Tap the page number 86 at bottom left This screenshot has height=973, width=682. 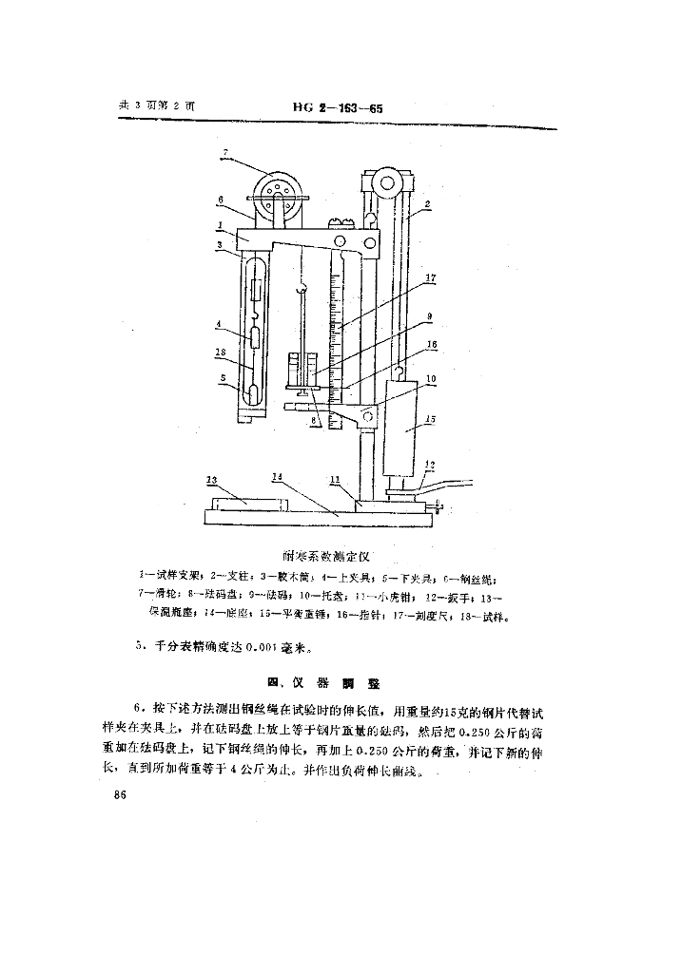coord(120,795)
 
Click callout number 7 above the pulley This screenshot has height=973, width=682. coord(226,153)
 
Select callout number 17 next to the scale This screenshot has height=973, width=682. coord(431,278)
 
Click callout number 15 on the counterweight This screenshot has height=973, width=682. coord(429,417)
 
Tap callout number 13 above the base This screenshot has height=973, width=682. coord(213,479)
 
